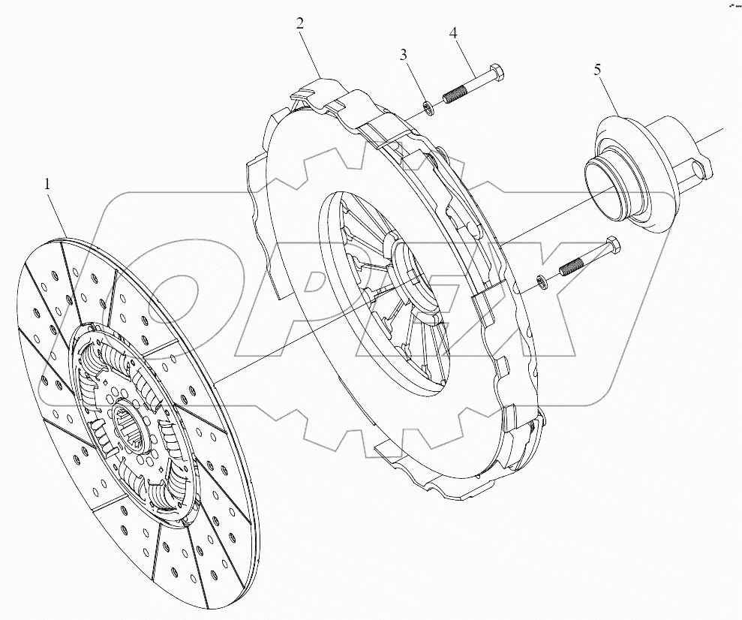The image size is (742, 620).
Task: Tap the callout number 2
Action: tap(299, 23)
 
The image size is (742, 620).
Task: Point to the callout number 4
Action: tap(453, 33)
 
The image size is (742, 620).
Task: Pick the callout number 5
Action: tap(597, 70)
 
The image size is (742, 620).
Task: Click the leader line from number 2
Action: tap(311, 50)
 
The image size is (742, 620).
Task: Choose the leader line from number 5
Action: tap(607, 95)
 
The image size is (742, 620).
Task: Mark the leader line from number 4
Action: tap(465, 54)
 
